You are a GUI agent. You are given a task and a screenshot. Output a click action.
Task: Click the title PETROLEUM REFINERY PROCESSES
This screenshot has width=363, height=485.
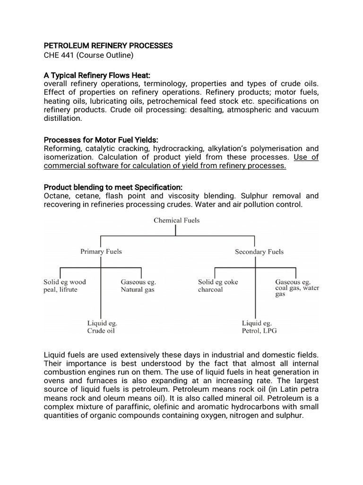click(108, 46)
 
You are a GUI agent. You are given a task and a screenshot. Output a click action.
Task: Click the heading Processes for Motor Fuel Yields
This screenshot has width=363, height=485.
click(101, 140)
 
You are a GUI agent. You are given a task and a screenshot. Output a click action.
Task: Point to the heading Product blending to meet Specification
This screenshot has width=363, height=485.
click(112, 187)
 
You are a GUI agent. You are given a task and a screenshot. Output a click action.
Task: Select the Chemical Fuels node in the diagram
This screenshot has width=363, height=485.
click(177, 220)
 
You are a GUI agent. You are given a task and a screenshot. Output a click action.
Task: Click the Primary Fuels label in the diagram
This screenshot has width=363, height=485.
click(101, 251)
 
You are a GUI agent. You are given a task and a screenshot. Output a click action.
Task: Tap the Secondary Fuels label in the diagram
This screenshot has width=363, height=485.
click(259, 251)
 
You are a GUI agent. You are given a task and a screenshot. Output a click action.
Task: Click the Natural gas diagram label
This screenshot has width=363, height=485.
click(138, 289)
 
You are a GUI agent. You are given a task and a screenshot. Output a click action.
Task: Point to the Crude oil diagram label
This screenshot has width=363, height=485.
click(101, 331)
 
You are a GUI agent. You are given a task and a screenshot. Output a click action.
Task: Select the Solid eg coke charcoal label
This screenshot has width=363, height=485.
click(217, 285)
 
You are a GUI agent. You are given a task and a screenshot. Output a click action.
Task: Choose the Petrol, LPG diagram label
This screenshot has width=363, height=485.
click(259, 331)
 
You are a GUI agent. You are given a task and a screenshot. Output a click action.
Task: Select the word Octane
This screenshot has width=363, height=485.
click(56, 196)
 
